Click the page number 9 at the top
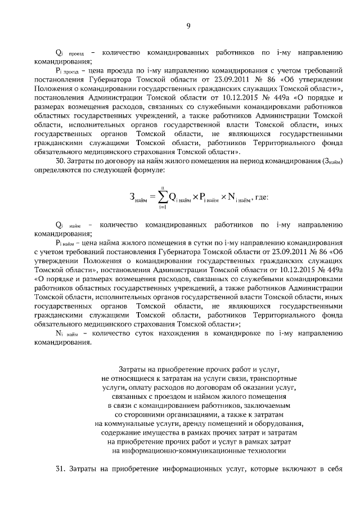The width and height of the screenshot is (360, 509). (x=188, y=25)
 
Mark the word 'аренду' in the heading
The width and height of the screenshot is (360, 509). (x=197, y=423)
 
